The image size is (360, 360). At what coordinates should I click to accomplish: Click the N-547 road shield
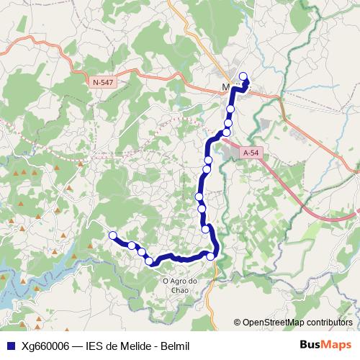tap(104, 83)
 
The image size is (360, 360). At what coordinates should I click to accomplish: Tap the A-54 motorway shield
tap(250, 153)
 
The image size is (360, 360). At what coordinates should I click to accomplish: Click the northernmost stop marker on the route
tap(243, 76)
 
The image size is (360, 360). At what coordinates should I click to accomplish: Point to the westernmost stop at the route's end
tap(112, 235)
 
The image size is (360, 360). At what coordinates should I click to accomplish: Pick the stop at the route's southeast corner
tap(211, 256)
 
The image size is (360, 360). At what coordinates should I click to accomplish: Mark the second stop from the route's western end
tap(132, 246)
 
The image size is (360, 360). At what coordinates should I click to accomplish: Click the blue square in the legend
tap(11, 346)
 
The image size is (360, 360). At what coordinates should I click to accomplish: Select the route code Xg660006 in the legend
tap(45, 346)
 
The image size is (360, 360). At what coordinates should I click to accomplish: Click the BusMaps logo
tap(326, 346)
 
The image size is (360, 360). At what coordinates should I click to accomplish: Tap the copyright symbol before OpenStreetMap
tap(238, 322)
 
